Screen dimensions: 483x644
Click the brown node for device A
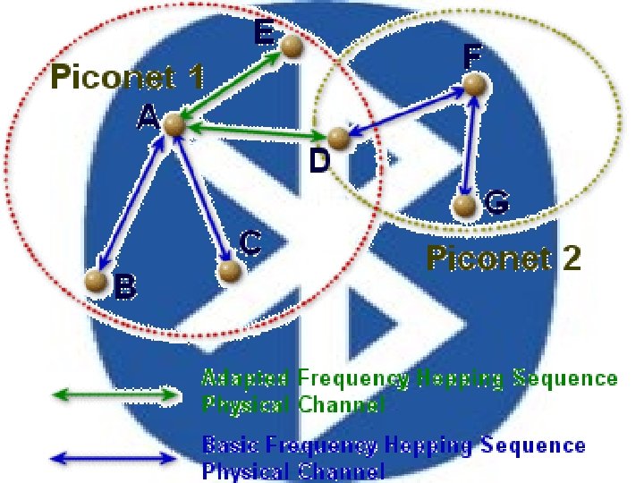tap(174, 126)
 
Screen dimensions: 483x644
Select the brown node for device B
tap(96, 281)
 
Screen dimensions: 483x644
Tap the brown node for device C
tap(230, 268)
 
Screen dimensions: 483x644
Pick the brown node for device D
tap(337, 138)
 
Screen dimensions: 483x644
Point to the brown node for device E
tap(292, 50)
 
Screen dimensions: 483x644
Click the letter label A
tap(148, 116)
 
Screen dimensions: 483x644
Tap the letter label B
tap(125, 286)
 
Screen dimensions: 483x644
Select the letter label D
tap(319, 163)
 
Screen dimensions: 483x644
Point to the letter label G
tap(497, 204)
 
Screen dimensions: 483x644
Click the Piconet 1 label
tap(127, 77)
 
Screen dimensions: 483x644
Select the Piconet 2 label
tap(504, 259)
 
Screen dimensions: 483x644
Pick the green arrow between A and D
tap(256, 132)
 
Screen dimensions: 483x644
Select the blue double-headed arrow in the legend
tap(114, 458)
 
